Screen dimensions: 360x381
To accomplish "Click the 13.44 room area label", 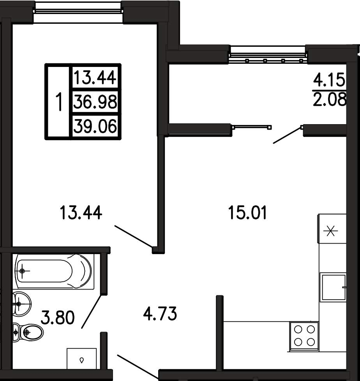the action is [x=81, y=212].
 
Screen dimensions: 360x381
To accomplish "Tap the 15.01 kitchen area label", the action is [x=247, y=212].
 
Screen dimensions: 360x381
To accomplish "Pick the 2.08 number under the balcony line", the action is [x=329, y=99].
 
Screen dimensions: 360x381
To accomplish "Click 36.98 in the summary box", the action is [x=95, y=102].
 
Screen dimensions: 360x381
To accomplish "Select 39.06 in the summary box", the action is [x=95, y=126].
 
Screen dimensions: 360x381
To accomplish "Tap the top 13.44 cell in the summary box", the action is [x=95, y=78].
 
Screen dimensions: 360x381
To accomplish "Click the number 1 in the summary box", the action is [x=59, y=102].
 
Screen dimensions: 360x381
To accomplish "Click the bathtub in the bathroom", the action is [x=55, y=271].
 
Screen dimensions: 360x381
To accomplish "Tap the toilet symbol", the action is [x=28, y=332].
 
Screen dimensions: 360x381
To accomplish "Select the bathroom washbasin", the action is [x=22, y=304].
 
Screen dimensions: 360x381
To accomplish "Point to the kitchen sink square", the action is [x=333, y=287].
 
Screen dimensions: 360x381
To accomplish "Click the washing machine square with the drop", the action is [x=82, y=359].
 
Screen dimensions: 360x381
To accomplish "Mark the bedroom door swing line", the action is [x=134, y=237].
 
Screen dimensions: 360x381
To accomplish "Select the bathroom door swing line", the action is [x=91, y=311].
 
